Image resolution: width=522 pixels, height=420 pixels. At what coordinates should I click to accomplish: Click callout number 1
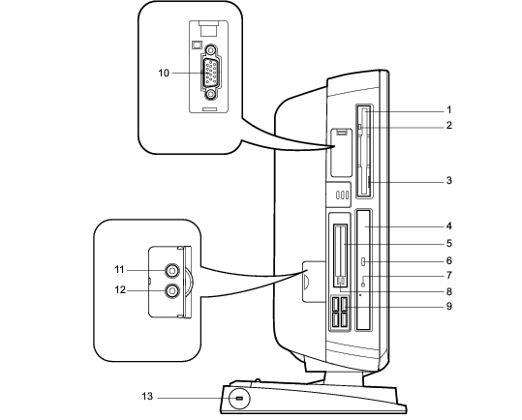(448, 109)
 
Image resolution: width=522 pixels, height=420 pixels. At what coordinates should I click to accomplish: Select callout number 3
(448, 180)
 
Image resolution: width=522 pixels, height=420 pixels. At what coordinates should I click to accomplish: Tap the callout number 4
(448, 226)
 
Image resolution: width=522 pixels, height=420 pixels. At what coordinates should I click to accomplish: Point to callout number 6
(448, 260)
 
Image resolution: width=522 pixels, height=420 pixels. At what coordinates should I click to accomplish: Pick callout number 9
(448, 306)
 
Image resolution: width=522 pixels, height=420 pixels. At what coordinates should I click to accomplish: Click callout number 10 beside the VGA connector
(164, 73)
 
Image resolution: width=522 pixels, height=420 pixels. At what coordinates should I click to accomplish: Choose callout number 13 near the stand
(147, 397)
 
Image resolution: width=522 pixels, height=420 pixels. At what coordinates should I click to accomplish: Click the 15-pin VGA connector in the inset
(210, 73)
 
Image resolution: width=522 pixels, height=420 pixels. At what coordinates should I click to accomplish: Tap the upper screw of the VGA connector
(210, 50)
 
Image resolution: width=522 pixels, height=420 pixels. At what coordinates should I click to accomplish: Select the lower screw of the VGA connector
(211, 95)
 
